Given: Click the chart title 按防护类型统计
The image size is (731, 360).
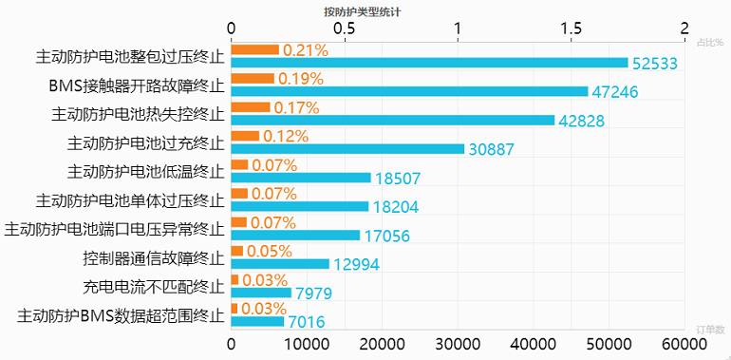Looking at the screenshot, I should [x=363, y=11].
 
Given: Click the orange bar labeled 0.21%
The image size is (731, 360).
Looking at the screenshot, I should [x=254, y=49].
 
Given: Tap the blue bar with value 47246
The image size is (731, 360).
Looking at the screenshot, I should [x=409, y=91].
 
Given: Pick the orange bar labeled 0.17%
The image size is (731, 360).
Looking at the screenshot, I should [x=251, y=106].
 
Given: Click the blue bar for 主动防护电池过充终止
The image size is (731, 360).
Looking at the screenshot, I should [x=347, y=148].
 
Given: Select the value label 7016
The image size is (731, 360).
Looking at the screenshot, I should [x=308, y=322].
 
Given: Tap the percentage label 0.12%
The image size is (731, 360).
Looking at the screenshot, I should [x=286, y=136].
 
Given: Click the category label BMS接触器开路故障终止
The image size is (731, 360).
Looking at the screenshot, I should [x=137, y=85].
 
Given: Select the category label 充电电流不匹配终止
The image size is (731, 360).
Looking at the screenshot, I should [x=154, y=286].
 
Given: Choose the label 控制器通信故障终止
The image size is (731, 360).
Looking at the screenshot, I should [x=154, y=257].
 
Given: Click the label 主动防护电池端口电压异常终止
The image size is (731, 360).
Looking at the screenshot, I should [x=114, y=229].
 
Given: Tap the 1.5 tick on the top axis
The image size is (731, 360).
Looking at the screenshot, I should [x=572, y=29].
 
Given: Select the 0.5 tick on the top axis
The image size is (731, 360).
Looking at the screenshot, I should [x=345, y=29].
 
